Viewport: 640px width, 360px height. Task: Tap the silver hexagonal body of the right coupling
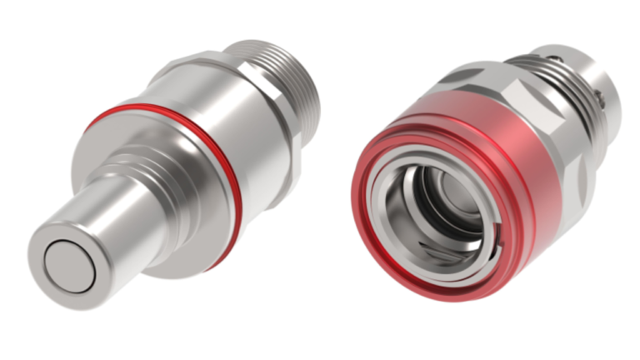(533, 100)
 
